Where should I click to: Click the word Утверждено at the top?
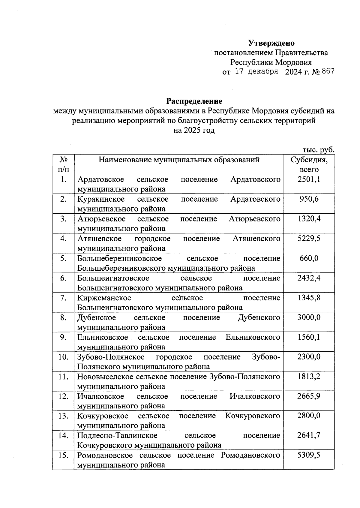[x=271, y=43]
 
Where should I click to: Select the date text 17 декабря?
[x=256, y=72]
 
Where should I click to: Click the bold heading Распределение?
[x=194, y=101]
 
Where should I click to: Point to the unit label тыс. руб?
[x=318, y=150]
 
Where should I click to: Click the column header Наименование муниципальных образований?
[x=179, y=160]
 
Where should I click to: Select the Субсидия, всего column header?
[x=309, y=164]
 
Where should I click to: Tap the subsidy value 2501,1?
[x=309, y=179]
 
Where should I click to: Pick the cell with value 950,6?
[x=309, y=199]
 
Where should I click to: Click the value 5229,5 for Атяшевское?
[x=309, y=239]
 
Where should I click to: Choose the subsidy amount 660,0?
[x=309, y=258]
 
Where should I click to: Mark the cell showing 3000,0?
[x=309, y=318]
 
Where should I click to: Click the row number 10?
[x=63, y=357]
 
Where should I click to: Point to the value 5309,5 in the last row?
[x=309, y=455]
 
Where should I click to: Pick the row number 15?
[x=63, y=455]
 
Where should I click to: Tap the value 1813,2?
[x=309, y=377]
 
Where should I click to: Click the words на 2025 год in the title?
[x=194, y=131]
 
